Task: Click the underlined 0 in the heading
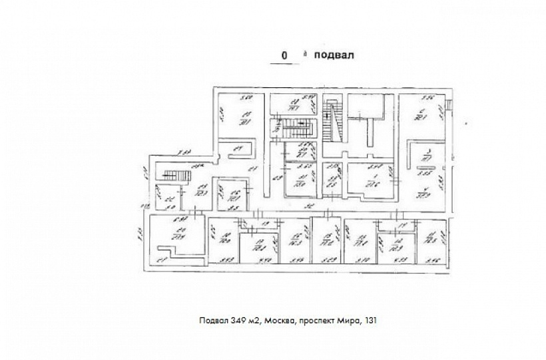click(x=284, y=57)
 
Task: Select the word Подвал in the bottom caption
click(x=212, y=320)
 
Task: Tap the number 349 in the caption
click(x=238, y=320)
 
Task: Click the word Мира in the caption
click(x=350, y=320)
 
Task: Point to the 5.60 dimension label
click(x=245, y=98)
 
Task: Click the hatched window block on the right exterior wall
click(x=450, y=104)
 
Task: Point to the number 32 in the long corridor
click(x=309, y=207)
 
